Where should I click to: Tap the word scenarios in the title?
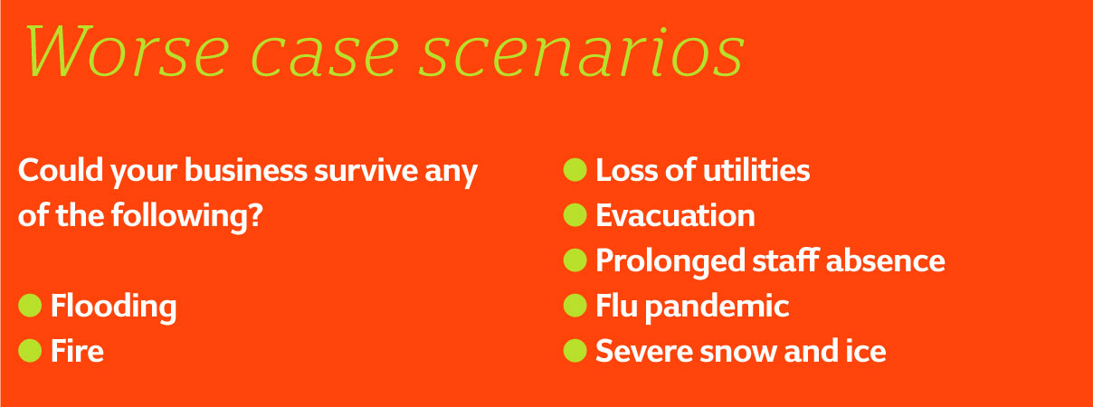coord(581,52)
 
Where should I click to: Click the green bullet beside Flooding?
coord(30,306)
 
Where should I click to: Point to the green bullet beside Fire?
coord(30,351)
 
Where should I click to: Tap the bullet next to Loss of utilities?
coord(575,170)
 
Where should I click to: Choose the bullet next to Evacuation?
coord(575,215)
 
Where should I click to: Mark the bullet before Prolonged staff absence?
coord(575,260)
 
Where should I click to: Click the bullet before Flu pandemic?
coord(575,306)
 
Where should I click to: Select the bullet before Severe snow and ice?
coord(575,351)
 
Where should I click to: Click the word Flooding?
coord(114,308)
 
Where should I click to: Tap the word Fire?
coord(77,350)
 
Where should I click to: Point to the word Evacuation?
coord(675,215)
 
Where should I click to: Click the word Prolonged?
coord(670,262)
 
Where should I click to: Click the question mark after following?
coord(255,215)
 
